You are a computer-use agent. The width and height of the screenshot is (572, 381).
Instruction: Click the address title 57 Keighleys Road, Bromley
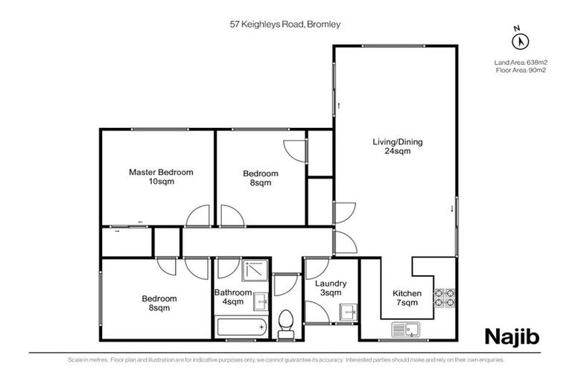tap(285, 24)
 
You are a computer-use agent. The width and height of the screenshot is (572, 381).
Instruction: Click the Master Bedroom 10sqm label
tap(161, 176)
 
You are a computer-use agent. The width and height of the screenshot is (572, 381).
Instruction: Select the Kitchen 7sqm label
tap(407, 298)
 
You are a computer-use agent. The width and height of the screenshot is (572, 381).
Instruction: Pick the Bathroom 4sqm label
tap(233, 297)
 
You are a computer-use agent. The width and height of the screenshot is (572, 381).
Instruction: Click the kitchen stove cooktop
tap(445, 297)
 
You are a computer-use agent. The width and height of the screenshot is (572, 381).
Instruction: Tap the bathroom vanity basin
tap(261, 301)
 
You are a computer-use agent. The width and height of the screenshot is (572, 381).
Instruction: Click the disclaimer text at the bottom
tap(285, 360)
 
